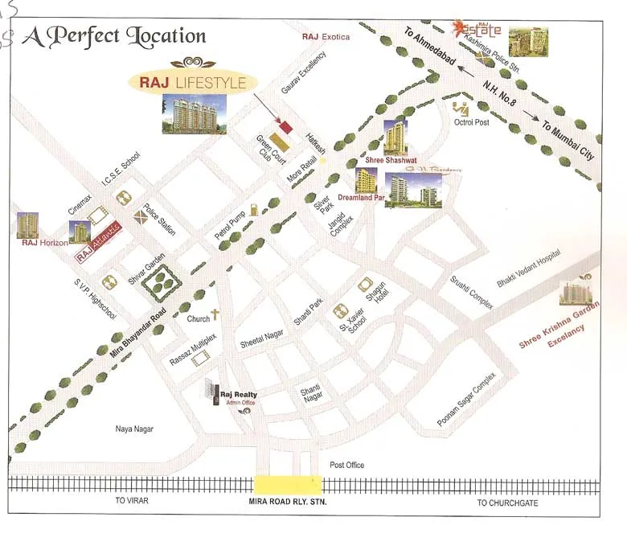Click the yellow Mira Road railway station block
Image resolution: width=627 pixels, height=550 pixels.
288,484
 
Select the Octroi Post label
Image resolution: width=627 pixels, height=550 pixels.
471,122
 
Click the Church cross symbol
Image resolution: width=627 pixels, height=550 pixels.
215,316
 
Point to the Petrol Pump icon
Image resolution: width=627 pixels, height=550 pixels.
253,210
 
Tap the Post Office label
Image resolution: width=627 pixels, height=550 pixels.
347,465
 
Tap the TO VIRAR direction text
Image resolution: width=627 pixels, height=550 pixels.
132,502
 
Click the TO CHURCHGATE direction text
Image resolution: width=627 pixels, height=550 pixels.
507,503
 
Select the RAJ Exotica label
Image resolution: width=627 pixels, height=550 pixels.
326,37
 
